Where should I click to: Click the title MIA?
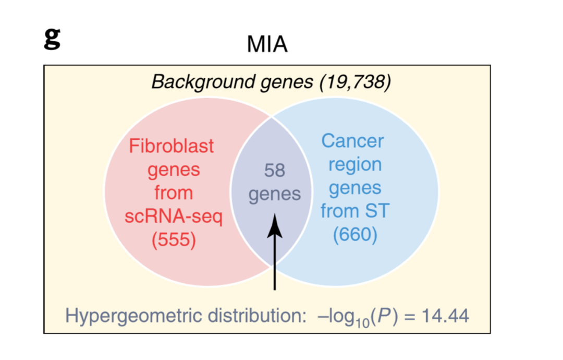267,45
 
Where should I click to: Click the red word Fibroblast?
172,146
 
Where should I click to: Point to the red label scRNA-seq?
174,217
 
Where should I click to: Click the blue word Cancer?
352,141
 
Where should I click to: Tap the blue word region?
354,164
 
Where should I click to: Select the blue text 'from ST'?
354,211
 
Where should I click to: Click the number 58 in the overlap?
275,171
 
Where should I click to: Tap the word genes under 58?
275,195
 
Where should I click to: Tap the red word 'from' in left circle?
174,193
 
